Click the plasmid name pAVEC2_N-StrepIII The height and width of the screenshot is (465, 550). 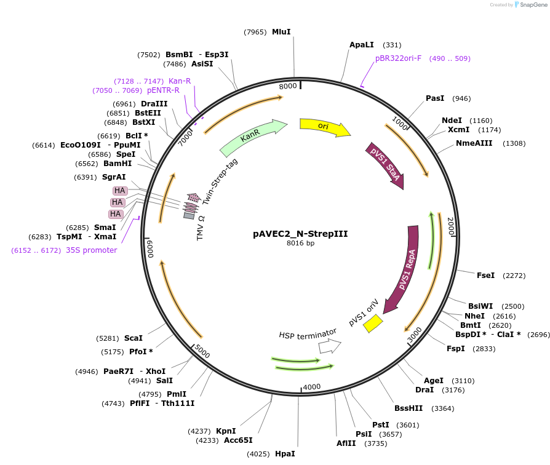[301, 234]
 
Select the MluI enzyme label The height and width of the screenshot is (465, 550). [281, 31]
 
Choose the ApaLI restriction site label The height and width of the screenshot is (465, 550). [362, 45]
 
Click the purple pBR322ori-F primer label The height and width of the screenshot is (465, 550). [399, 58]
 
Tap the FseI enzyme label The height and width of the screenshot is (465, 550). [485, 275]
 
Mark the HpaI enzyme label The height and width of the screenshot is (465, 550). [285, 453]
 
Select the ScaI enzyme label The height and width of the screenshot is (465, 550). [134, 338]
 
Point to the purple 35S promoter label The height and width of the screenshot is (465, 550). [91, 250]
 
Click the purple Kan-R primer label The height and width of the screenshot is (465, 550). [180, 81]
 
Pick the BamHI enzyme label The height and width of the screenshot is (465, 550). [118, 164]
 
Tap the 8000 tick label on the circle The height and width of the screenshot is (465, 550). [288, 86]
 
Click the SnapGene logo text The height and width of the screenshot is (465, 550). [533, 5]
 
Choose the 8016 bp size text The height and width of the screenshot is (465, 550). [301, 244]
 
